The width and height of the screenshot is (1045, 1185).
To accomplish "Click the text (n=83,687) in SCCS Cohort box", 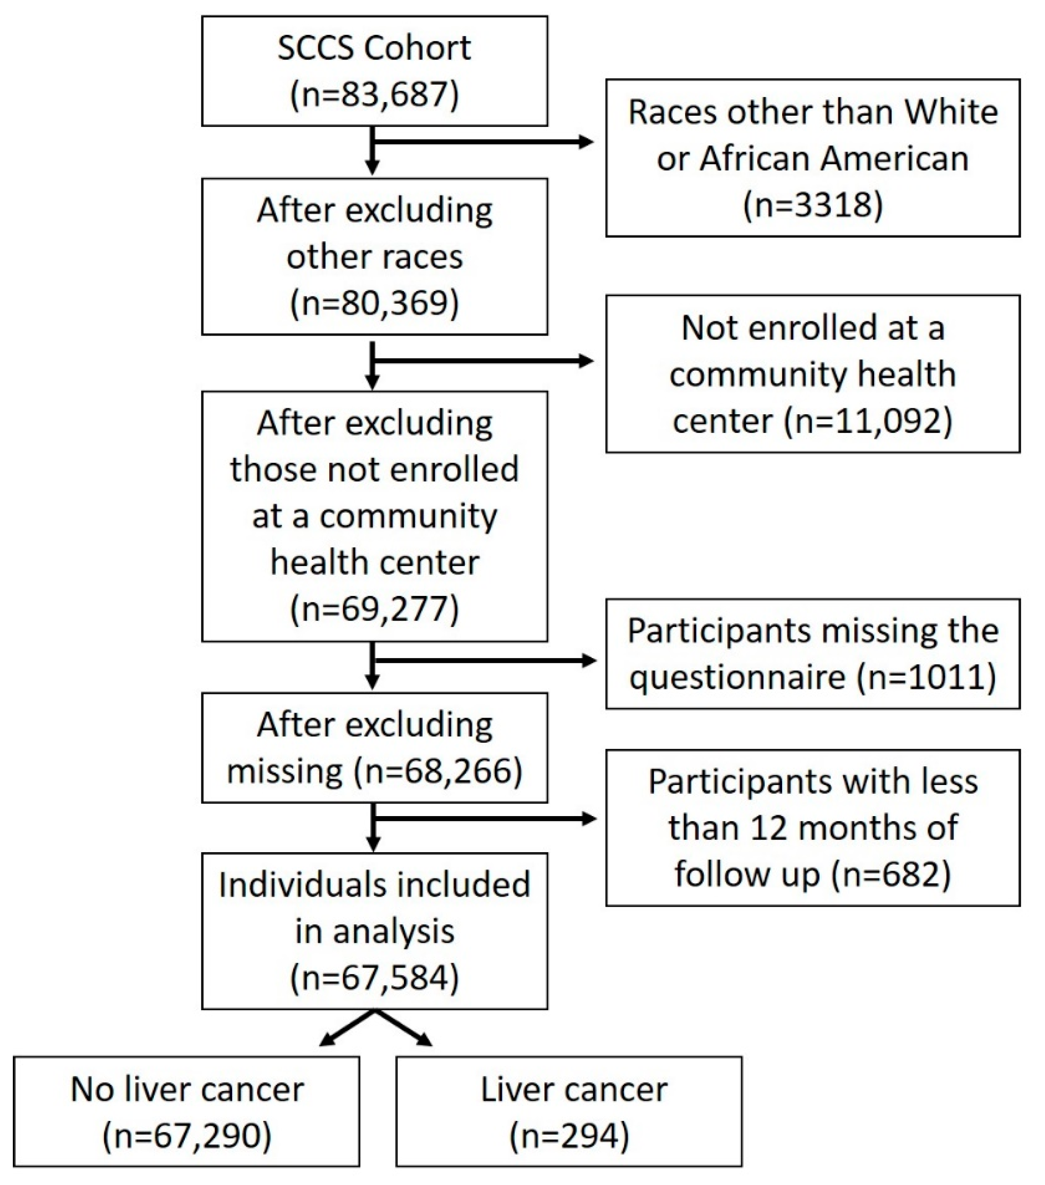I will [375, 94].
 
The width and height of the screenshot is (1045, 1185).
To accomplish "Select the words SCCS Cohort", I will [375, 48].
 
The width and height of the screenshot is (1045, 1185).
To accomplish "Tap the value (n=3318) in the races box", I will [813, 205].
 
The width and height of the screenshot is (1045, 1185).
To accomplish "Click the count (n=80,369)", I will [375, 303].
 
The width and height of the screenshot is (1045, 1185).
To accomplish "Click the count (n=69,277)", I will [375, 609].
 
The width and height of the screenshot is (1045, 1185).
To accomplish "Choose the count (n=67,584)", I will [375, 978].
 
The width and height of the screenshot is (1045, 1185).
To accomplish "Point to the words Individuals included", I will [375, 885].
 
